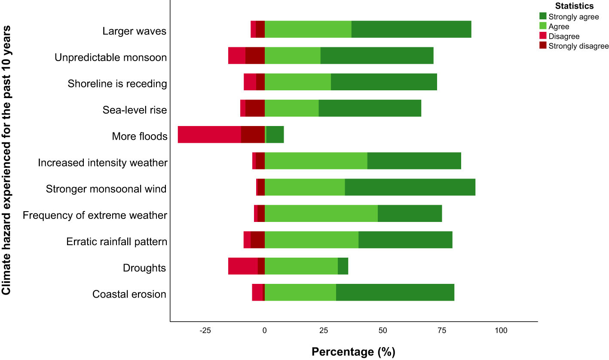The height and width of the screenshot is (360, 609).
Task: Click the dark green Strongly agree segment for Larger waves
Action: click(x=411, y=29)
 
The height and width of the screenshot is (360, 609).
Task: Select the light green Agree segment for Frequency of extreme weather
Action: click(x=321, y=214)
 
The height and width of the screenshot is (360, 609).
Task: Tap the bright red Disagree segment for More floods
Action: click(x=209, y=135)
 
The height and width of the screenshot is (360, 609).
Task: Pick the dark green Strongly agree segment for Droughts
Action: click(x=343, y=266)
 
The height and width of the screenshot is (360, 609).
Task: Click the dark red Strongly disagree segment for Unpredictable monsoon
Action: click(x=255, y=55)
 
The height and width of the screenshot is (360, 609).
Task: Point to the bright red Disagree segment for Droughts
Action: click(x=243, y=266)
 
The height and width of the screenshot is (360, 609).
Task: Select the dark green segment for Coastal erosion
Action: click(x=395, y=292)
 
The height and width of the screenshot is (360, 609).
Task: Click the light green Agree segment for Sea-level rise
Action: click(x=291, y=108)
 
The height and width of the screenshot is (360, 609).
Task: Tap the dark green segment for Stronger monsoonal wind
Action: click(x=410, y=187)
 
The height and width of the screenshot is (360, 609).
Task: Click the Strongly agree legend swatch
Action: click(x=543, y=16)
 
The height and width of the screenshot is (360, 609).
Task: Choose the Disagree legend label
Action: click(x=564, y=37)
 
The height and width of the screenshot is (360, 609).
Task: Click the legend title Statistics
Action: click(x=574, y=6)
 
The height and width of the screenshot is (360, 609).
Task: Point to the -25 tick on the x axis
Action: click(x=205, y=330)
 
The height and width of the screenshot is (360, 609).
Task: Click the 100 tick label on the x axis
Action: click(x=501, y=330)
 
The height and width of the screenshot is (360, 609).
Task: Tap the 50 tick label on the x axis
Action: click(x=383, y=330)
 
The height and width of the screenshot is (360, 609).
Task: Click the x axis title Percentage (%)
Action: click(x=353, y=351)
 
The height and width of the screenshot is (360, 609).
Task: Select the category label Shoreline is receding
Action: click(x=117, y=83)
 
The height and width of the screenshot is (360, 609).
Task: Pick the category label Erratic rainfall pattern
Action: click(x=116, y=242)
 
